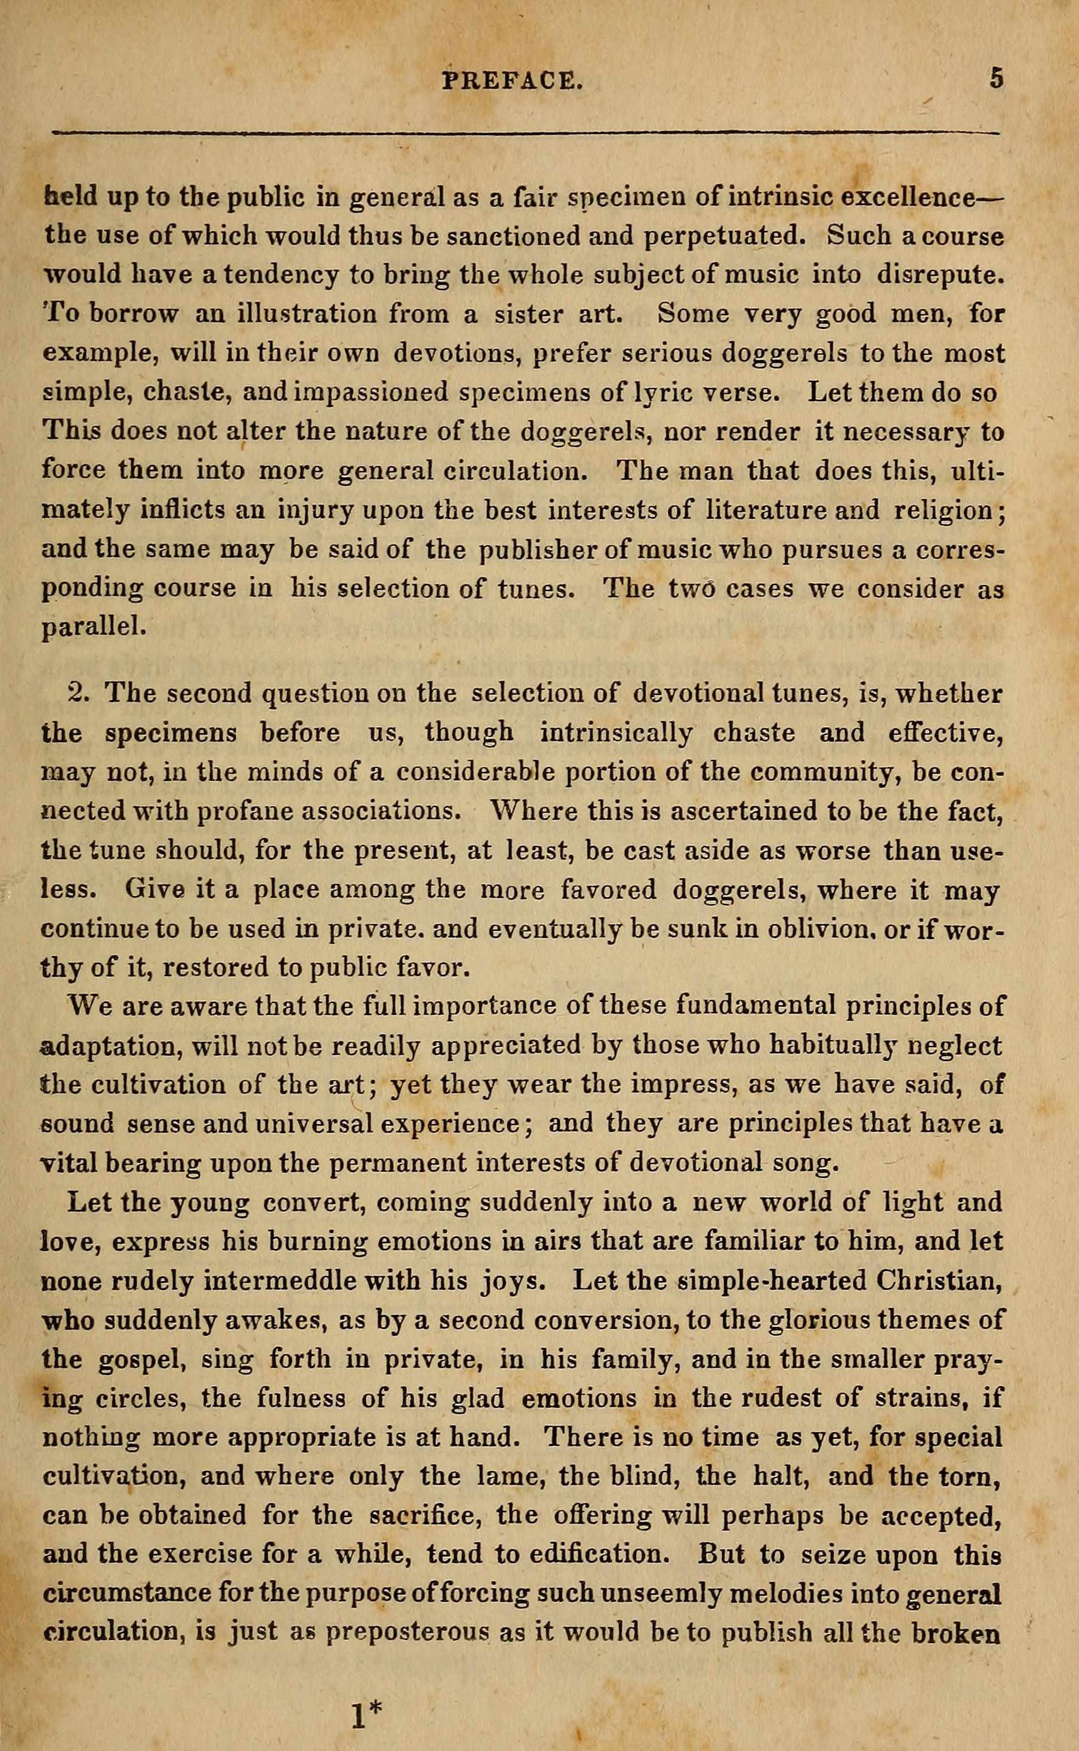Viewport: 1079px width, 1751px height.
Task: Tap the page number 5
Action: pyautogui.click(x=997, y=78)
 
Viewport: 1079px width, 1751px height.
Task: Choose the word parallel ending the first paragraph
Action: pyautogui.click(x=94, y=627)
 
